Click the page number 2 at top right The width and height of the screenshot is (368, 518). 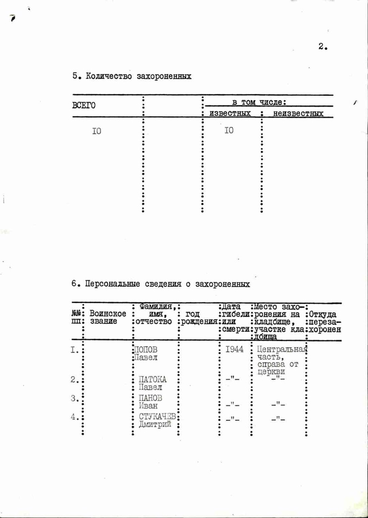pyautogui.click(x=322, y=46)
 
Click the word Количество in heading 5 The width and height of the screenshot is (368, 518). pyautogui.click(x=109, y=76)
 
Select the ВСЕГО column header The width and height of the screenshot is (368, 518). pyautogui.click(x=84, y=105)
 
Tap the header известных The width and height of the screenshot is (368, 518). pyautogui.click(x=230, y=113)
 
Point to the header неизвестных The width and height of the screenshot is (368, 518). pyautogui.click(x=298, y=113)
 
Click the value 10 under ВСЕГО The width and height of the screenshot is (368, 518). pyautogui.click(x=97, y=131)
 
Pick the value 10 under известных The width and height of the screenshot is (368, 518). pyautogui.click(x=229, y=130)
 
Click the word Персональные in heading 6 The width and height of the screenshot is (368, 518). pyautogui.click(x=112, y=284)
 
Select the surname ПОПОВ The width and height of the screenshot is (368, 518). pyautogui.click(x=146, y=349)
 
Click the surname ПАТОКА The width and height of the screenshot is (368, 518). pyautogui.click(x=153, y=379)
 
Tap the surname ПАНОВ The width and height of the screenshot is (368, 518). pyautogui.click(x=150, y=398)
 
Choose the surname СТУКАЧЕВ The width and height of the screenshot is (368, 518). pyautogui.click(x=157, y=416)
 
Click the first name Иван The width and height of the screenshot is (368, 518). pyautogui.click(x=148, y=406)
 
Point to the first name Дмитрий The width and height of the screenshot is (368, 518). pyautogui.click(x=155, y=424)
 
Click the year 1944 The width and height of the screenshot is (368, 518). pyautogui.click(x=234, y=349)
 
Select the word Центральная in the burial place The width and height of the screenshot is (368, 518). pyautogui.click(x=282, y=349)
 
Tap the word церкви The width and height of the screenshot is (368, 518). pyautogui.click(x=271, y=372)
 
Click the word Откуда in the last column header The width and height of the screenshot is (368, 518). pyautogui.click(x=323, y=314)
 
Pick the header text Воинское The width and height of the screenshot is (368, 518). pyautogui.click(x=108, y=313)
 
